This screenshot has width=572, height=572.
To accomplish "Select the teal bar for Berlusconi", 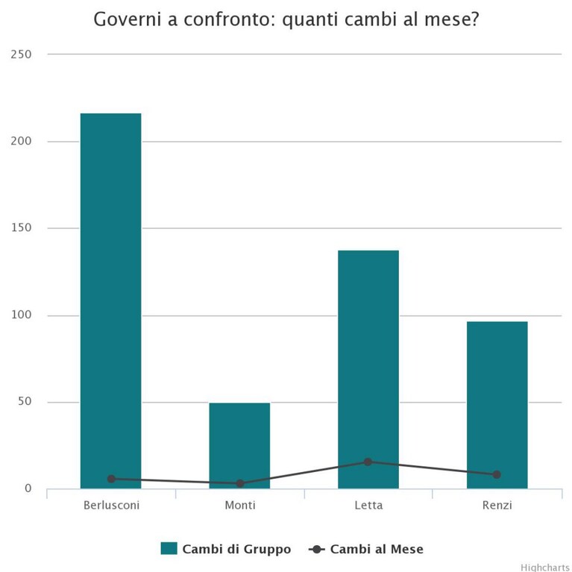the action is pos(111,301).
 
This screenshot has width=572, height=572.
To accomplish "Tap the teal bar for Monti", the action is pos(239,446).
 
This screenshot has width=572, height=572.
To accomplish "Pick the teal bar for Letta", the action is pos(368,370).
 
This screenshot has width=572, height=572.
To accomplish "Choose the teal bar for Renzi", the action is pos(497,405).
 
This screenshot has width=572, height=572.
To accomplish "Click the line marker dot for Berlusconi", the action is pos(111,479).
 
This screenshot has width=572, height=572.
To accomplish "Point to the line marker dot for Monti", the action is pos(240,484).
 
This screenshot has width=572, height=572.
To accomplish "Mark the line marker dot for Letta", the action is pos(368,462).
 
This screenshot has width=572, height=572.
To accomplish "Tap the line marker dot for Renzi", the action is pos(497,474).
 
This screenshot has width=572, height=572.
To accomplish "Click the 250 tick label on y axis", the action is pos(21,54).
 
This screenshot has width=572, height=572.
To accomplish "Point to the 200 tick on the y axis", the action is pos(21,141).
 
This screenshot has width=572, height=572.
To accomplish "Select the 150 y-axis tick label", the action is pos(21,228).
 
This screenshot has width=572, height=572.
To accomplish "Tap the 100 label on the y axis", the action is pos(21,315).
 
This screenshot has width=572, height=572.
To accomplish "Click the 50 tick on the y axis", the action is pos(25,402).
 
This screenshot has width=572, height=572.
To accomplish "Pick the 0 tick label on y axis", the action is pos(28,488).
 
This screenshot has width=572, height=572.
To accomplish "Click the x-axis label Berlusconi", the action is pos(111,505).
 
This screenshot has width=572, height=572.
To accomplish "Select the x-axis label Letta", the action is pos(368,505).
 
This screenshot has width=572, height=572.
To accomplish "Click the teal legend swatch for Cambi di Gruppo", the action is pos(169,548).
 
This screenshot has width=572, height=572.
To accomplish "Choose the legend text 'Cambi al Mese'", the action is pos(377,549).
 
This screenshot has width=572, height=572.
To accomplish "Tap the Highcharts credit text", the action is pos(546,568).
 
